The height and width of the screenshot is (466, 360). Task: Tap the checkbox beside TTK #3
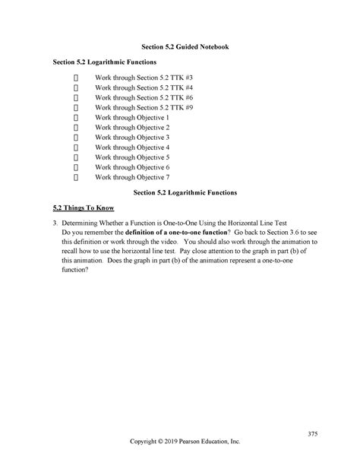(77, 79)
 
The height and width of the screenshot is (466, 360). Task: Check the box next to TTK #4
(77, 89)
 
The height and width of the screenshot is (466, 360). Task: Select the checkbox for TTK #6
(77, 99)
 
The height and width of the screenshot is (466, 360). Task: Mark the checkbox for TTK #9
(77, 109)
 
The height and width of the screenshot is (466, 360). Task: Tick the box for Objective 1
(77, 119)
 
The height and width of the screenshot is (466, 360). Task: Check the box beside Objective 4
(77, 147)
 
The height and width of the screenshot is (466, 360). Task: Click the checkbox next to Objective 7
(77, 177)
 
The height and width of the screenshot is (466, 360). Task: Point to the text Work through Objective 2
(132, 128)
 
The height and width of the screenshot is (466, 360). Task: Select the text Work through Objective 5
(132, 157)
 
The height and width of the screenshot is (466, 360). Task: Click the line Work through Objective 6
(132, 167)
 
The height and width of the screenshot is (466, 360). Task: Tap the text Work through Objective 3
(132, 138)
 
